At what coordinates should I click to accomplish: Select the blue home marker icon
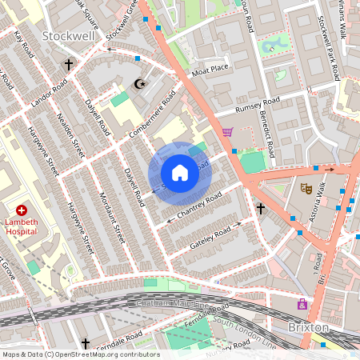180,172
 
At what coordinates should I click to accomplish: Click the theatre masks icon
305,189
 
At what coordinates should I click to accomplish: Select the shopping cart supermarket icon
227,133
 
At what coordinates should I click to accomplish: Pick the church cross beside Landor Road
69,63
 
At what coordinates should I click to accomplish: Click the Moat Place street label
210,69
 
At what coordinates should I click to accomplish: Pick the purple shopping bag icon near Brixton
302,304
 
